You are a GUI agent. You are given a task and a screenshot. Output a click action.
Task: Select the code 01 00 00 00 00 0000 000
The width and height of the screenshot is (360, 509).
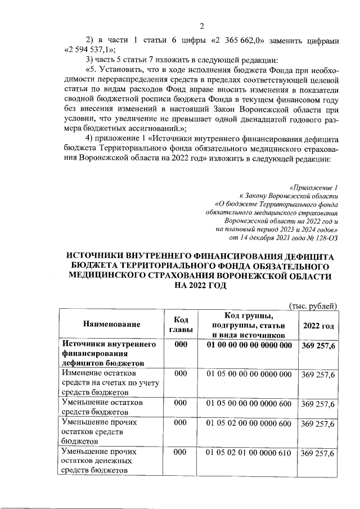(x=249, y=345)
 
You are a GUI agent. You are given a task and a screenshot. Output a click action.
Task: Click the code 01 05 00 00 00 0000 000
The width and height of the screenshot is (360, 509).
(x=249, y=373)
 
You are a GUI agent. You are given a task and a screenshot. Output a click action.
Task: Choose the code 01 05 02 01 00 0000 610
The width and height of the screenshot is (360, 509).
(x=249, y=452)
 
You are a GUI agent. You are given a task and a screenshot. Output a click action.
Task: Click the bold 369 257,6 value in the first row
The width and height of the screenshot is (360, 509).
(x=318, y=345)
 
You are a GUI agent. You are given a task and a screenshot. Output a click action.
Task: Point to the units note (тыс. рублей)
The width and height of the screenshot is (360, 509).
(x=312, y=305)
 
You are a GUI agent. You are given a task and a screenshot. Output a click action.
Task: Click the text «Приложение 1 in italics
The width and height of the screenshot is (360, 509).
(x=313, y=186)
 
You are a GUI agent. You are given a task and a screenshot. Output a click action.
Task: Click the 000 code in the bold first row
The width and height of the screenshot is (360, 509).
(x=181, y=345)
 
